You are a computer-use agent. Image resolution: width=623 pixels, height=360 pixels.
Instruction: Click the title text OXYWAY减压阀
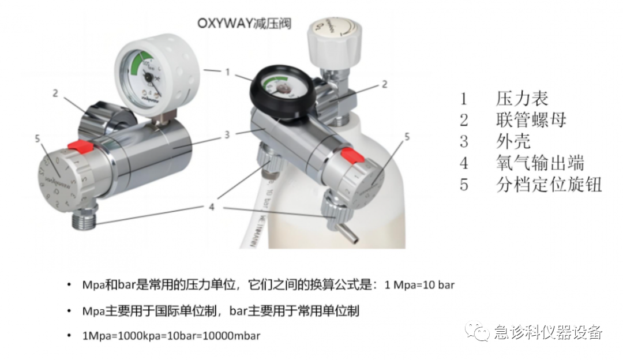pos(245,24)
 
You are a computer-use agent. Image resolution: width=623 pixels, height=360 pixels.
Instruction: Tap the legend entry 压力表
pos(521,98)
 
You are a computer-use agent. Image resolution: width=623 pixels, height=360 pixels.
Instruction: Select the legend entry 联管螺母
pos(531,120)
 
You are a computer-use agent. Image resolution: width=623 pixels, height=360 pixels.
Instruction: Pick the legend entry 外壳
pos(513,141)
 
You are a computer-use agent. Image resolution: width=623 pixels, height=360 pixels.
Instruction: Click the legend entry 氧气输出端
pos(540,163)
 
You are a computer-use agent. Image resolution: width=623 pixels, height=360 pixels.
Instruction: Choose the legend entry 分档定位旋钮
pos(549,185)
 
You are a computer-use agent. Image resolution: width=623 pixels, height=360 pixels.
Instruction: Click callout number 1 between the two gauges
pos(228,73)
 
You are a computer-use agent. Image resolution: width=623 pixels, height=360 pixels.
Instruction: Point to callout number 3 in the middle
pos(227,134)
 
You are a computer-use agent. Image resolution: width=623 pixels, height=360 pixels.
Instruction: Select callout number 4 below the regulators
pos(211,206)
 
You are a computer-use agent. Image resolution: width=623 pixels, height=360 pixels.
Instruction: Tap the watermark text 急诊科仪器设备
pos(547,332)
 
